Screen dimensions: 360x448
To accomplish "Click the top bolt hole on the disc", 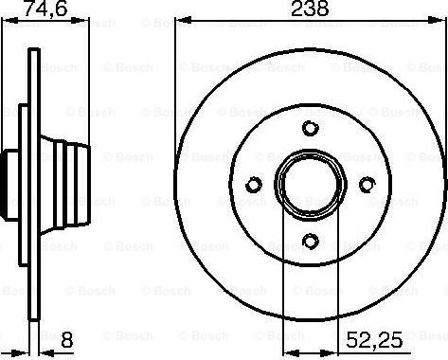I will tap(310, 130).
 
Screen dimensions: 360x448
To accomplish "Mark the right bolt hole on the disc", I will tap(365, 184).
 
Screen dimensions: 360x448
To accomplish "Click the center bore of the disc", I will tap(310, 184).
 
